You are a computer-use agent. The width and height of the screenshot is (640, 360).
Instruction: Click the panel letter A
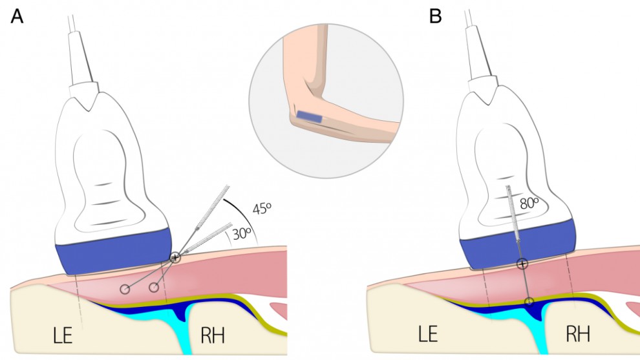pos(17,17)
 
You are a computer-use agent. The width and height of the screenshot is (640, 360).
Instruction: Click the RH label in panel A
pos(213,335)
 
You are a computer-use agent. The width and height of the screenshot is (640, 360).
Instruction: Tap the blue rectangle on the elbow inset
pos(310,116)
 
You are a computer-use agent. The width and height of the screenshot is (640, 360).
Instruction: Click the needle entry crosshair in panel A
pos(175,257)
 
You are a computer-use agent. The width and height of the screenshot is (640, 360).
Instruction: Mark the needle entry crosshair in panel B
pos(522,263)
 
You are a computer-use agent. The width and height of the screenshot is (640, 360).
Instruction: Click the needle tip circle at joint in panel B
pos(529,301)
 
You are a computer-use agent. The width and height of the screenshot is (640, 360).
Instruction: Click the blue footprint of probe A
pos(112,255)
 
